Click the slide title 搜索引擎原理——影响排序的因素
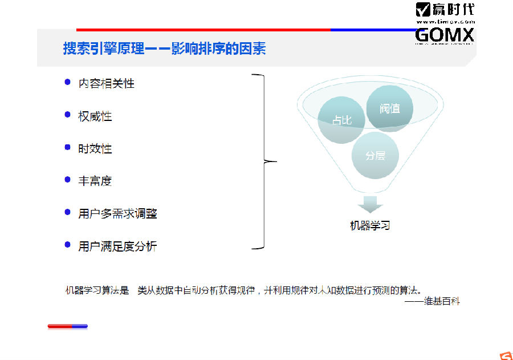164,48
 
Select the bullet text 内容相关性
107,83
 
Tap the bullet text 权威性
95,116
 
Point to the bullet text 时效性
95,149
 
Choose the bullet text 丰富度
95,181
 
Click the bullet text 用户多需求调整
118,214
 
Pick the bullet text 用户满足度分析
118,246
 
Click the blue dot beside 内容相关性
68,83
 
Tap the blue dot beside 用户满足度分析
68,246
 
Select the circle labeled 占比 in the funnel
341,120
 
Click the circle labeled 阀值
390,108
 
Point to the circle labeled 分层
374,155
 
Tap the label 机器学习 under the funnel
370,226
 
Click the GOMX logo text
445,35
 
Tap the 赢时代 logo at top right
445,10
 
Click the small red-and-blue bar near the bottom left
67,326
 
